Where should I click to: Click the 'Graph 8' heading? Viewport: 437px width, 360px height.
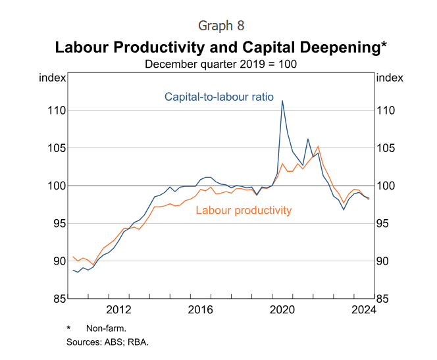(x=218, y=26)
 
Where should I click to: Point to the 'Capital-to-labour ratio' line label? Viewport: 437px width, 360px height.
(x=218, y=97)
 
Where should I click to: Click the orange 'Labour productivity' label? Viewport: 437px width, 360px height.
(x=244, y=211)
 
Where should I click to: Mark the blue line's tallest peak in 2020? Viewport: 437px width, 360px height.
(x=282, y=101)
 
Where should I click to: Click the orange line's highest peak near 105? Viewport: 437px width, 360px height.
(x=319, y=146)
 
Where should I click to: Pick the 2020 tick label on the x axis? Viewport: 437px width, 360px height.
(x=282, y=310)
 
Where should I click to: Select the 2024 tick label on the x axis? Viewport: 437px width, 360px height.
(x=363, y=310)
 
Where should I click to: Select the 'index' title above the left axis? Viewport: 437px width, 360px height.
(x=53, y=78)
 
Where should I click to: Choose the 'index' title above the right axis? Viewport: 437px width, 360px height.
(x=389, y=78)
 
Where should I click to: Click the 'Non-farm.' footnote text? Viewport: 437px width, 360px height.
(x=106, y=328)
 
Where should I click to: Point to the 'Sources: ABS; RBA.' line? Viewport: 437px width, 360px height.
(x=108, y=342)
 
